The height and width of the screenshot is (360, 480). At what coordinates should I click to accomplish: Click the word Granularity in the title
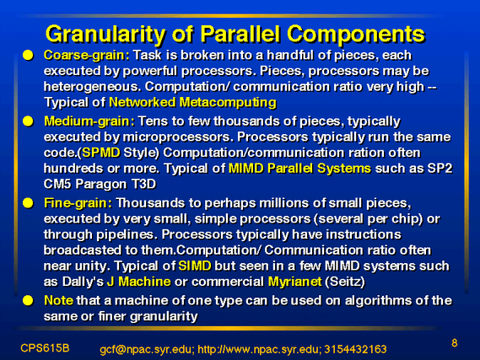pos(105,34)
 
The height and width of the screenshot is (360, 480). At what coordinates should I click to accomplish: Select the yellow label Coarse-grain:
pos(87,56)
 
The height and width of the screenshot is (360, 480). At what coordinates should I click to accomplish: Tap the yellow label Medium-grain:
pos(89,121)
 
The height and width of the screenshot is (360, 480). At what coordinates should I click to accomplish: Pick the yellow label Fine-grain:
pos(78,203)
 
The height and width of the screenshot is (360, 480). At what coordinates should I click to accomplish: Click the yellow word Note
pos(58,300)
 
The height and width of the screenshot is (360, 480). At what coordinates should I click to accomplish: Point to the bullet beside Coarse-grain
pos(28,56)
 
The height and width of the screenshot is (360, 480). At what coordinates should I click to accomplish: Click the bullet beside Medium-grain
pos(28,121)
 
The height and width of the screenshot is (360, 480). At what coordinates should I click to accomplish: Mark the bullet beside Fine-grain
pos(28,203)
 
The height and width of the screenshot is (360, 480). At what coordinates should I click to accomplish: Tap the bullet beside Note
pos(28,300)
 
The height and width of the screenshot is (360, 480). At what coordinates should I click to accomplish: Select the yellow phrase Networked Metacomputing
pos(192,103)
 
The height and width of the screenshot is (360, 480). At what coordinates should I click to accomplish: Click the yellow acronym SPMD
pos(101,153)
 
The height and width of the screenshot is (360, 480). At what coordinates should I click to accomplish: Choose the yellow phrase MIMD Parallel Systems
pos(299,169)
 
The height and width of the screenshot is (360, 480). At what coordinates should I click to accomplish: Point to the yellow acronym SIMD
pos(195,266)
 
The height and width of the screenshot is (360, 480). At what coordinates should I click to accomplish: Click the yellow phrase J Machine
pos(139,282)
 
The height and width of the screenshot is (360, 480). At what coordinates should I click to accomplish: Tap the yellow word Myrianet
pos(294,282)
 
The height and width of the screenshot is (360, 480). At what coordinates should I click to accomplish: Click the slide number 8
pos(455,343)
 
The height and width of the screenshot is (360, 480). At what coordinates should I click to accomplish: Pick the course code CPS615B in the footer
pos(45,348)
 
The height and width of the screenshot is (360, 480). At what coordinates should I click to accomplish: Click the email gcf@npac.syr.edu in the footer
pos(147,349)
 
